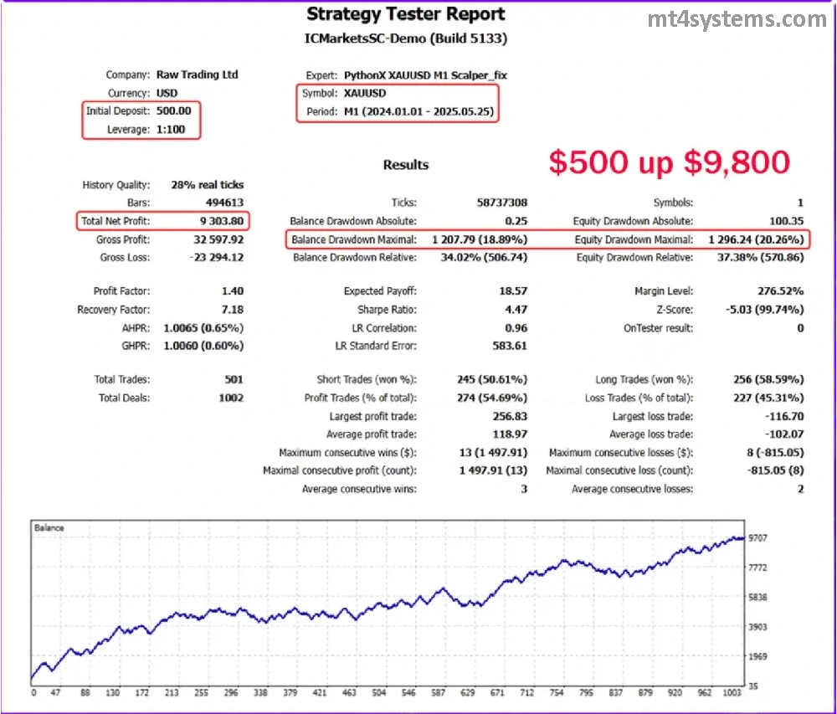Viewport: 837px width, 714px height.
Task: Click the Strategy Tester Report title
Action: pyautogui.click(x=406, y=14)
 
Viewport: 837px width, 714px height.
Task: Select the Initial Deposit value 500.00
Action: pyautogui.click(x=173, y=110)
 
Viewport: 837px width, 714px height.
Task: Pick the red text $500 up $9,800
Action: pyautogui.click(x=670, y=162)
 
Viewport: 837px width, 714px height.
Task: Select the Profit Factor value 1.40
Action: pyautogui.click(x=234, y=291)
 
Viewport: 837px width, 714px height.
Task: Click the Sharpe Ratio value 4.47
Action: pyautogui.click(x=516, y=310)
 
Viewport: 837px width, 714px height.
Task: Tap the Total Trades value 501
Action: pyautogui.click(x=234, y=379)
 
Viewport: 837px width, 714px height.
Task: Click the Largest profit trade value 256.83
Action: pyautogui.click(x=511, y=416)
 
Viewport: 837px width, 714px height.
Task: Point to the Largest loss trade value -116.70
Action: pyautogui.click(x=783, y=416)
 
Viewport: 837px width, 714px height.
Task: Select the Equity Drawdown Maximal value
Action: pyautogui.click(x=756, y=239)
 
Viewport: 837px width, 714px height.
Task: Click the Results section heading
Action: pyautogui.click(x=406, y=165)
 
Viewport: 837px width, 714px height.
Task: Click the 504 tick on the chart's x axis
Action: pyautogui.click(x=379, y=694)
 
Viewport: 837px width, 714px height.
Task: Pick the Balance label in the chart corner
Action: pyautogui.click(x=49, y=528)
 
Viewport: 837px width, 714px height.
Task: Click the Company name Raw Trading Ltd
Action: pyautogui.click(x=198, y=74)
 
